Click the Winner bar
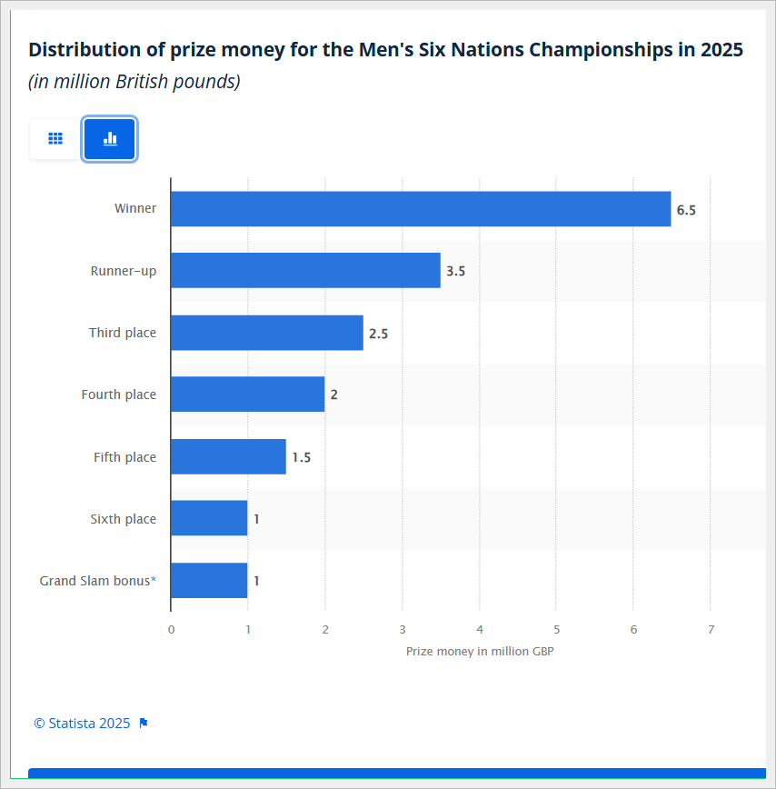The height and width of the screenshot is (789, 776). click(420, 209)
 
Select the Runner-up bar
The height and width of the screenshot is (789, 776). click(305, 271)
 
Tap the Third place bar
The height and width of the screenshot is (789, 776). click(266, 333)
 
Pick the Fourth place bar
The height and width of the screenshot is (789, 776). click(247, 394)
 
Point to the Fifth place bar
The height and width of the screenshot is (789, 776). click(228, 456)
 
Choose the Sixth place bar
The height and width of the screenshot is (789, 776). click(209, 518)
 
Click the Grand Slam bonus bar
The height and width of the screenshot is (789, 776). click(209, 580)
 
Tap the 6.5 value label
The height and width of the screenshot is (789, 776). click(686, 210)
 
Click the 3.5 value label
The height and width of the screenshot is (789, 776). click(455, 272)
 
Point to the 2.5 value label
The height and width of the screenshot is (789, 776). click(378, 334)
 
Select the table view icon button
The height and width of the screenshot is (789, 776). click(55, 139)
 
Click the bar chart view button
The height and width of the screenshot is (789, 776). click(110, 139)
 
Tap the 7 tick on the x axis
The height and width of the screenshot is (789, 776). click(711, 629)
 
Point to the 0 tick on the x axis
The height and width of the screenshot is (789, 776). click(171, 629)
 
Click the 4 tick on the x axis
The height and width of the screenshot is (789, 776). click(480, 629)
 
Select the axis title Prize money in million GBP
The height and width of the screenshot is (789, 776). click(480, 651)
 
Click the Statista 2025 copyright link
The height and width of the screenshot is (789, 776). click(82, 724)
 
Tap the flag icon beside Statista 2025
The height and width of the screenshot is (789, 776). click(144, 724)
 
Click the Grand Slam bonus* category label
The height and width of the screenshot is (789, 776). click(97, 581)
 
